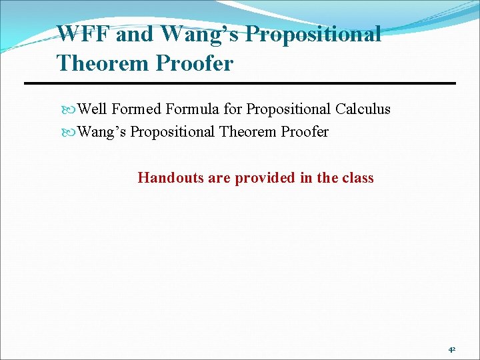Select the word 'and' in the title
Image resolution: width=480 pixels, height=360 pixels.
(x=134, y=34)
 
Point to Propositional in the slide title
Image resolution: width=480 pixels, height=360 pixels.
(x=313, y=34)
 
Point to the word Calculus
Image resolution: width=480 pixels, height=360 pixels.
(x=363, y=109)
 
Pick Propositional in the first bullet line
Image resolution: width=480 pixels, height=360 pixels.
(x=289, y=109)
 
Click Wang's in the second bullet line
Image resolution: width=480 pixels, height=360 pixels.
(x=102, y=132)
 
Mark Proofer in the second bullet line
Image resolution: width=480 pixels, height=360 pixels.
(x=304, y=132)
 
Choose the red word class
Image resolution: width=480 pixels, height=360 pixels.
(x=357, y=178)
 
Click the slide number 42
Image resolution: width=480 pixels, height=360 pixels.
(x=451, y=349)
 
